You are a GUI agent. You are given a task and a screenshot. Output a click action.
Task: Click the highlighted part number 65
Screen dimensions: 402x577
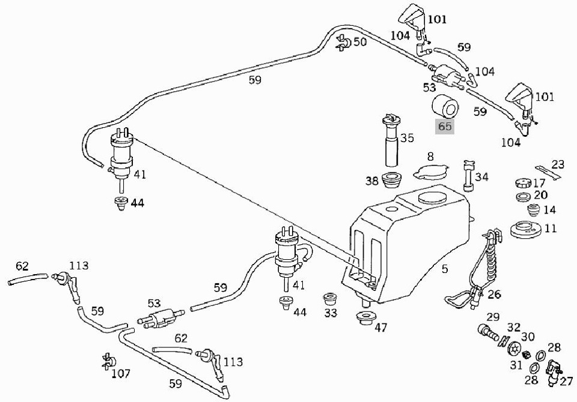tap(445, 127)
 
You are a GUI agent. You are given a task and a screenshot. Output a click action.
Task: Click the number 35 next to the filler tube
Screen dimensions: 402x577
tap(407, 139)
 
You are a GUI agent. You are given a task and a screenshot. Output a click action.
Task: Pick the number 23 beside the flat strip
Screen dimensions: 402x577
tap(558, 163)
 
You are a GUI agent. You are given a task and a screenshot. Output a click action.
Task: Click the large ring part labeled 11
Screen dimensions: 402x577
tap(525, 229)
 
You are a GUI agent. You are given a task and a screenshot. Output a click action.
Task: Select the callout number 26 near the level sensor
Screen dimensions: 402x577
tap(494, 294)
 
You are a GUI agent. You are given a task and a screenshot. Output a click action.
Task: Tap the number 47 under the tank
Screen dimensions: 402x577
tap(381, 328)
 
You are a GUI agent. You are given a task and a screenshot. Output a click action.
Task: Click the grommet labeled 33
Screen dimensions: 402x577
tap(330, 298)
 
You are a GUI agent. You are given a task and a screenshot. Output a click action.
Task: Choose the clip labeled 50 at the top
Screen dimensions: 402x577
tap(344, 41)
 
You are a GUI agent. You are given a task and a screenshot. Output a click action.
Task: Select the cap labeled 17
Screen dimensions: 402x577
tap(522, 183)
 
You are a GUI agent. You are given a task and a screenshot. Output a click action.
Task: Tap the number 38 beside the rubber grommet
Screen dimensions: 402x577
tap(371, 180)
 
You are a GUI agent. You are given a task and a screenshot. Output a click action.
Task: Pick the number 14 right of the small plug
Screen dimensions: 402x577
tap(549, 210)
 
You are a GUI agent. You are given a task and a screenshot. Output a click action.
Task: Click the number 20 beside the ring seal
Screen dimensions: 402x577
tap(541, 195)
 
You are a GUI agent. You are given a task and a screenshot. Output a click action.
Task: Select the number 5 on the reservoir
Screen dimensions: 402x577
tap(444, 270)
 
